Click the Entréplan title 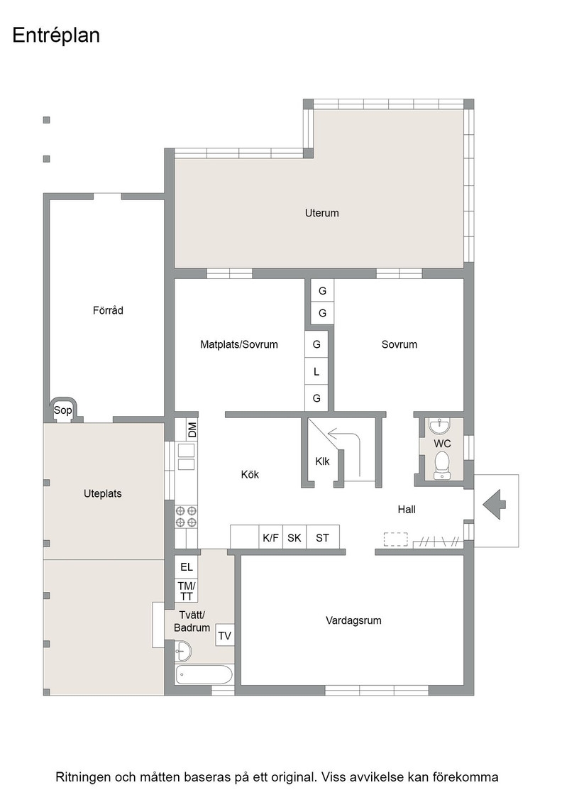(x=56, y=36)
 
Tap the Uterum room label (x=321, y=213)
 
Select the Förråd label (x=108, y=309)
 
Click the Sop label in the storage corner (x=63, y=410)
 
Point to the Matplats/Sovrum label (x=239, y=344)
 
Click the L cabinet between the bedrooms (x=316, y=372)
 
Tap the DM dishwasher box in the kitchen (x=192, y=430)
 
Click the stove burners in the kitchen (x=186, y=516)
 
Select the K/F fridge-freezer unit (x=270, y=537)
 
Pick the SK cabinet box (x=294, y=537)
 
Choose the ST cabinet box (x=323, y=537)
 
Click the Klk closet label (x=322, y=461)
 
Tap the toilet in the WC (x=442, y=465)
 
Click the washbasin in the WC (x=440, y=427)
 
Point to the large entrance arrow (x=495, y=505)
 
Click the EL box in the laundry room (x=186, y=567)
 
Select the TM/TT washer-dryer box (x=186, y=591)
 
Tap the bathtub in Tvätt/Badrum (x=204, y=675)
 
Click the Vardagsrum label (x=353, y=620)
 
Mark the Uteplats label (x=103, y=493)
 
